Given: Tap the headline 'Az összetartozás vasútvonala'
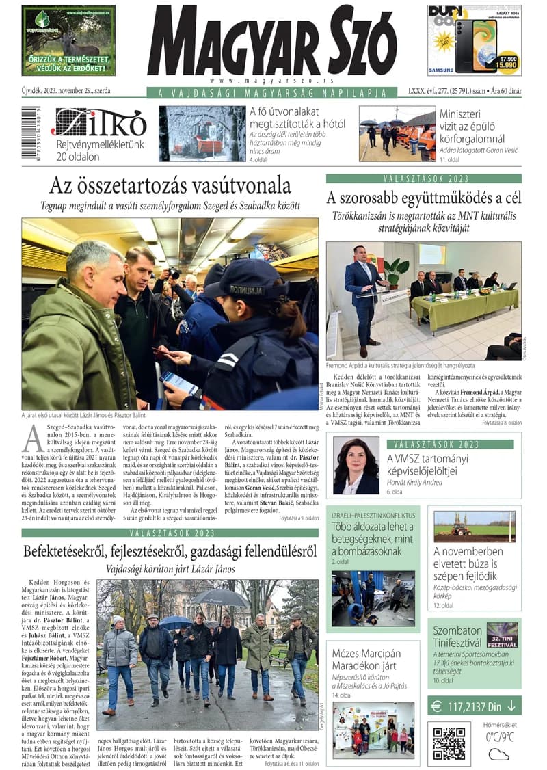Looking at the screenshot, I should point(170,185).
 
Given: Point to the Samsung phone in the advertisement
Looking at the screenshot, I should point(476,46).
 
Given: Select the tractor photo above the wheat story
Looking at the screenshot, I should point(475,526).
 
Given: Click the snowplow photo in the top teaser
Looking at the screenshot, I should point(202,133).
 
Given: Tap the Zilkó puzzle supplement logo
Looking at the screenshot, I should point(99,123).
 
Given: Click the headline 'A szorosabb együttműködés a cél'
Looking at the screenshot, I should point(424,198).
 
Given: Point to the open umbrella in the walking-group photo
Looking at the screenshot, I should point(220,597).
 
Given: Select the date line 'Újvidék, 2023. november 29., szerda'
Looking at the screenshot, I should point(66,91).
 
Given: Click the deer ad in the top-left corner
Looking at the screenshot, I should point(68,40).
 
